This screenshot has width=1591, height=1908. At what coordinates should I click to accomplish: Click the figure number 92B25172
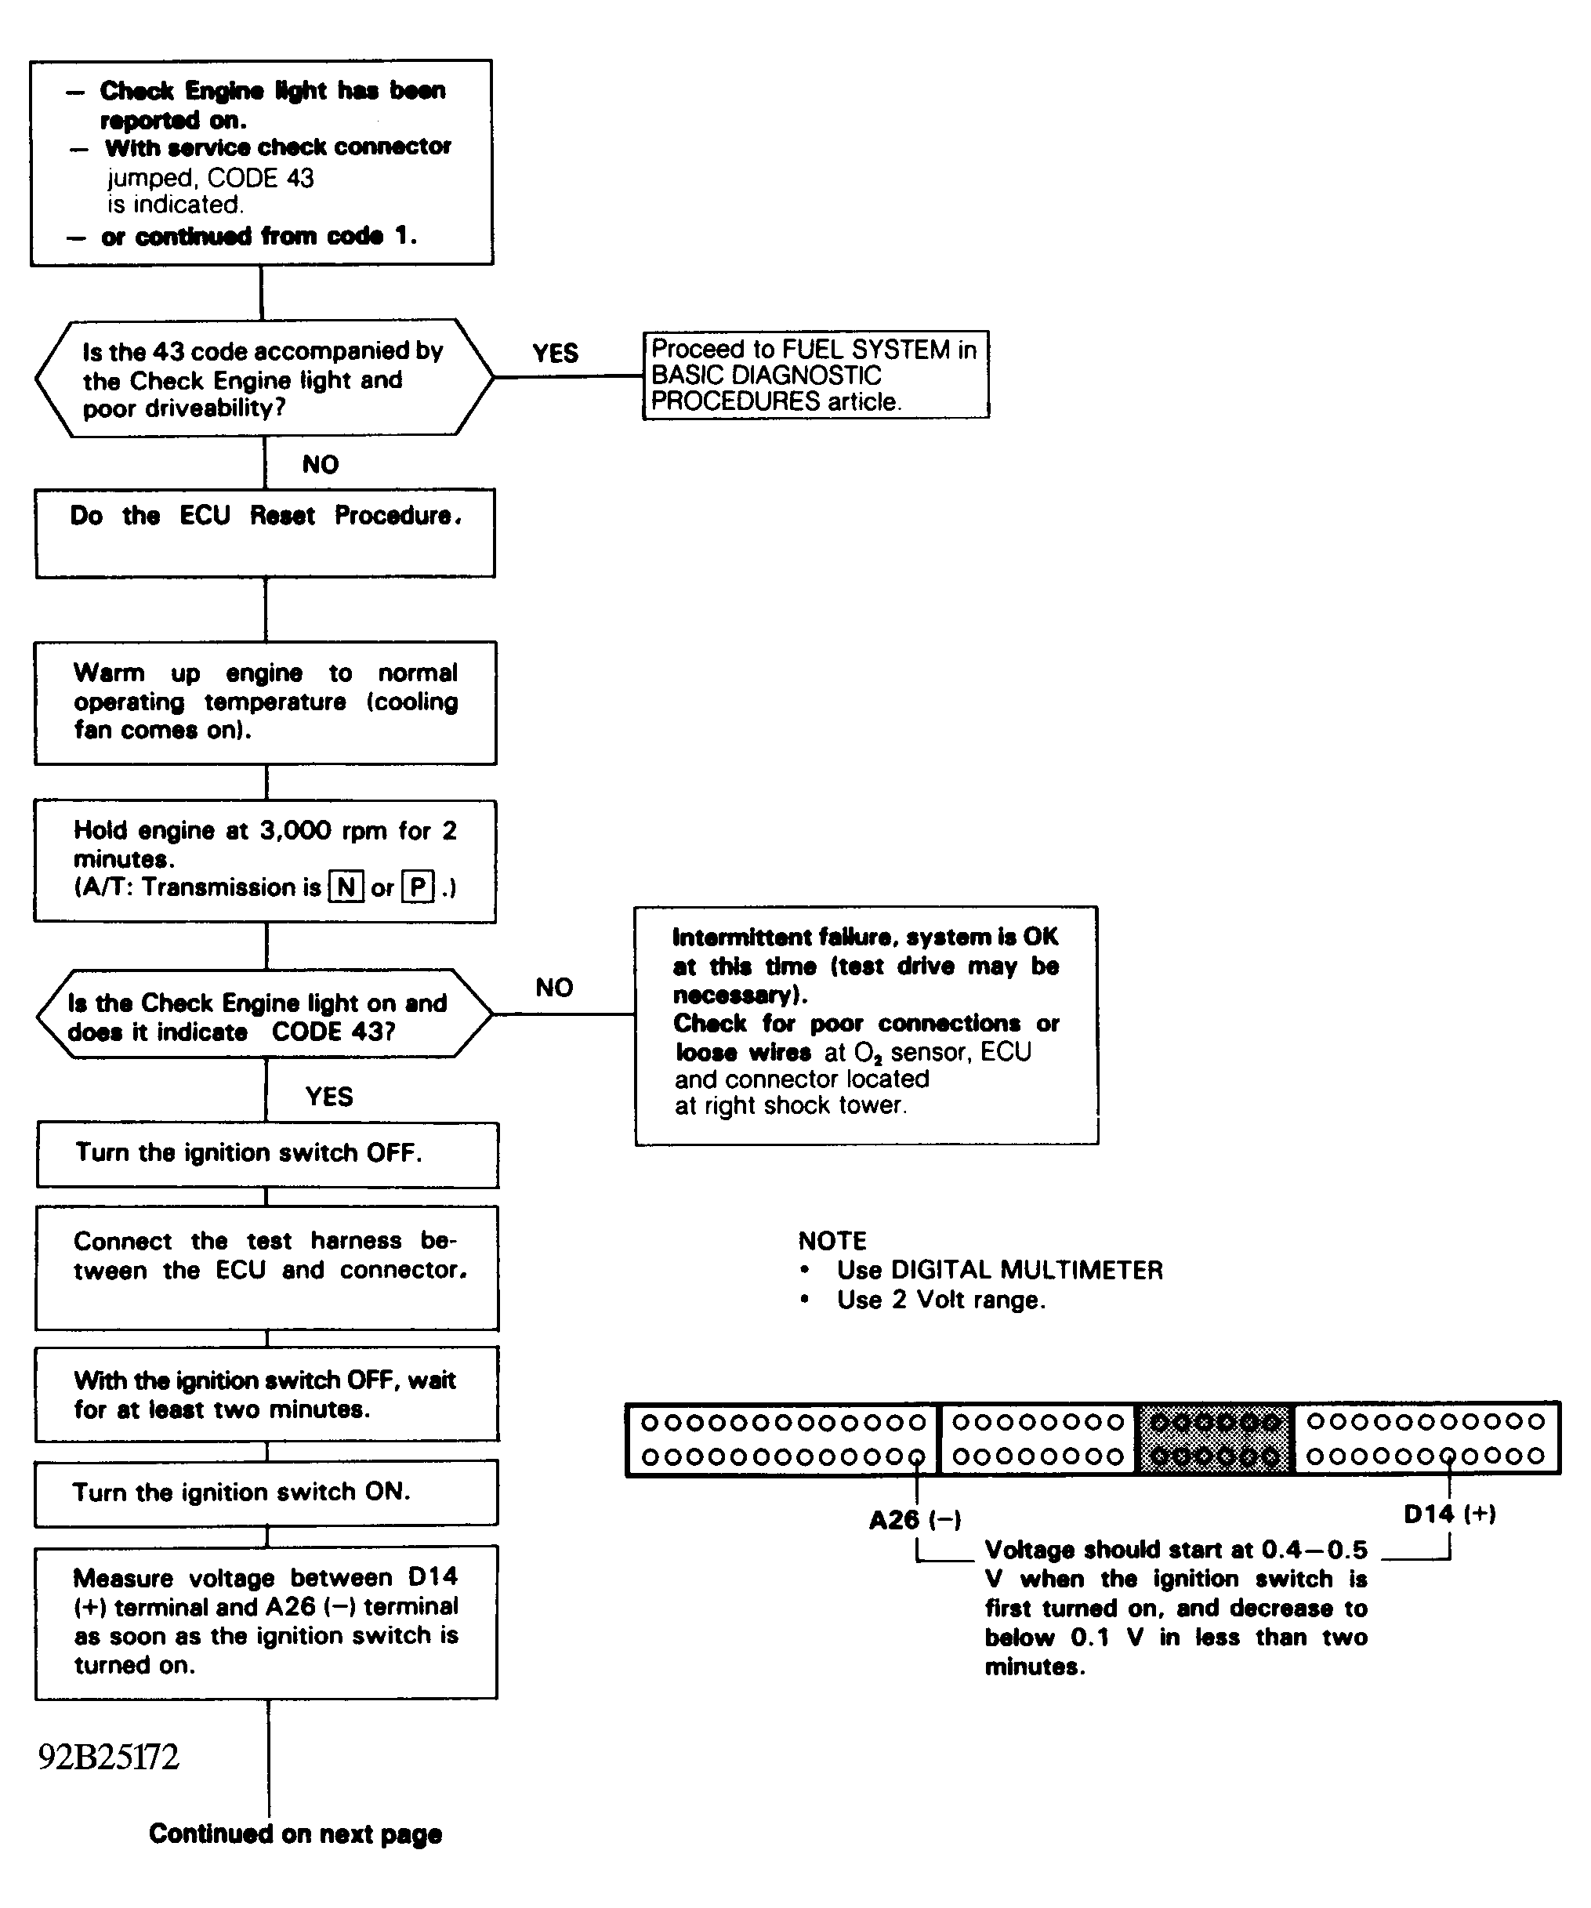point(109,1757)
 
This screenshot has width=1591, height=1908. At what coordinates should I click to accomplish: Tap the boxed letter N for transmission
point(346,886)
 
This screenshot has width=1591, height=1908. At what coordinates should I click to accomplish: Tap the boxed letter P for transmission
point(418,886)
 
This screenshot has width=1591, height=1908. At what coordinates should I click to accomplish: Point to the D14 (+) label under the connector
point(1449,1513)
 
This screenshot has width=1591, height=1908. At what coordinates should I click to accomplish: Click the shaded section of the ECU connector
point(1215,1439)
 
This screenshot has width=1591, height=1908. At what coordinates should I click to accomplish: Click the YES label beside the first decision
point(555,354)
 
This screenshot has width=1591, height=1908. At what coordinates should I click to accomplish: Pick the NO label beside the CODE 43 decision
point(554,988)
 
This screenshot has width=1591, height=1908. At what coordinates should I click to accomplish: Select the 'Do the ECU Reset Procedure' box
point(266,533)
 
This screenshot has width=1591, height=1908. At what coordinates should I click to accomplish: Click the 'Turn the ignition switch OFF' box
point(267,1155)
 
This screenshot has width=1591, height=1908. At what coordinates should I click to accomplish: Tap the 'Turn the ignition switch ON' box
point(266,1493)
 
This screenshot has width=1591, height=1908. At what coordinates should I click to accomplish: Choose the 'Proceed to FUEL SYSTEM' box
point(816,375)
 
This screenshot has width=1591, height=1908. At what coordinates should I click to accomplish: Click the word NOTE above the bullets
point(832,1241)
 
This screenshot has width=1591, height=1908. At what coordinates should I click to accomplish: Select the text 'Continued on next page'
point(295,1834)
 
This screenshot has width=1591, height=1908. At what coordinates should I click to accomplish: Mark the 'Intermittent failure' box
point(866,1025)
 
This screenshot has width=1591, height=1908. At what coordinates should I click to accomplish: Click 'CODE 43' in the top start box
point(261,178)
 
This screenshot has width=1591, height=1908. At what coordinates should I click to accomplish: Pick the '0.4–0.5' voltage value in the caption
point(1315,1549)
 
